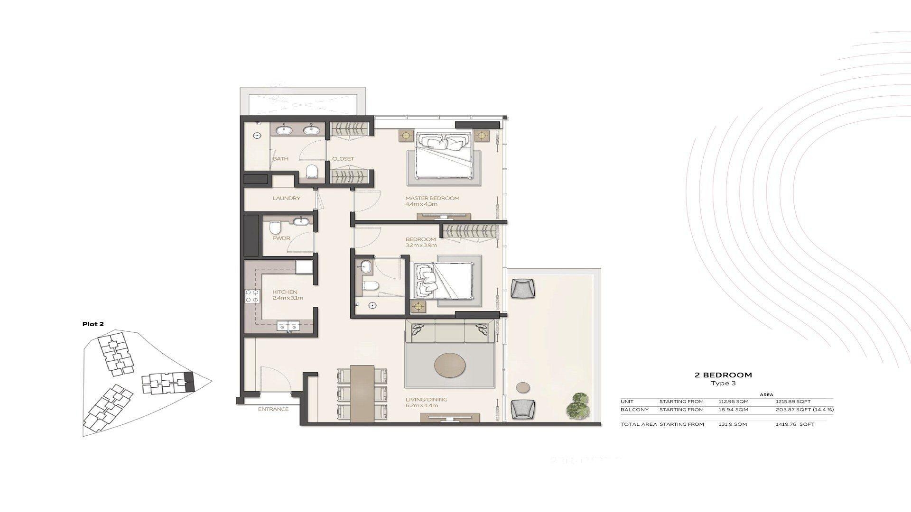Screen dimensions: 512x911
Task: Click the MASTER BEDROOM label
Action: click(x=432, y=198)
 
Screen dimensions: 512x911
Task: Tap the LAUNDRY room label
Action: click(x=286, y=198)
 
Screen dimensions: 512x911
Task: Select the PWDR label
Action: click(x=281, y=238)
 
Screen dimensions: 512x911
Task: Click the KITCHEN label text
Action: click(x=285, y=292)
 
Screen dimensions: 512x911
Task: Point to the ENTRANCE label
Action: click(x=273, y=409)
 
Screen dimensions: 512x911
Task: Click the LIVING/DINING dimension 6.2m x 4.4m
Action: click(x=421, y=406)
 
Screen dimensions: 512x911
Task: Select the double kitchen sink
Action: click(x=288, y=326)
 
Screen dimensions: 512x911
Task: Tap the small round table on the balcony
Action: click(x=523, y=387)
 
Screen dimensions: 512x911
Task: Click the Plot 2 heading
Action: click(x=93, y=324)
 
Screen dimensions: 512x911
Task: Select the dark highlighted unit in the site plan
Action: click(x=190, y=382)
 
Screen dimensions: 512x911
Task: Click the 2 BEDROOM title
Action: click(x=723, y=375)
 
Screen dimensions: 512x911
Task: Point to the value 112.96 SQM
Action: click(x=733, y=402)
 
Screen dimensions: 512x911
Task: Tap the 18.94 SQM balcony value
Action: click(x=733, y=410)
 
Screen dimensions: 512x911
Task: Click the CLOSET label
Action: click(x=343, y=159)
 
